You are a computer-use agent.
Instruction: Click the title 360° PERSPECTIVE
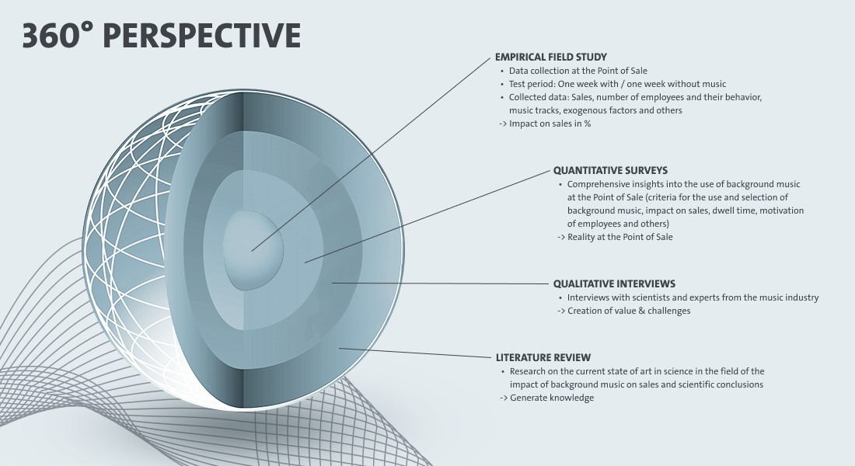point(161,36)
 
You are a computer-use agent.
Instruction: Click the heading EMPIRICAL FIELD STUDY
point(550,57)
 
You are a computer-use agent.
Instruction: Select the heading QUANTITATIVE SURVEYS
point(610,170)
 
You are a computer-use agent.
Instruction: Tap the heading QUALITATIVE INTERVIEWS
point(614,283)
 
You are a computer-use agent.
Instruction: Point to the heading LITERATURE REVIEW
point(543,358)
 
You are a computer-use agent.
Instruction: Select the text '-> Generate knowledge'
point(546,398)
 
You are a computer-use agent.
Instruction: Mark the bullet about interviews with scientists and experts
point(692,297)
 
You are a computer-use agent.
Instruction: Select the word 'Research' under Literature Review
point(529,371)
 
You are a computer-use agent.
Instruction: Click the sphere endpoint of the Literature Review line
point(339,349)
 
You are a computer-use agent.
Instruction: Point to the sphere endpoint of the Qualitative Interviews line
point(332,283)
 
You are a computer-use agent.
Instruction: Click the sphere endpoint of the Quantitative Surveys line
point(305,262)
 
